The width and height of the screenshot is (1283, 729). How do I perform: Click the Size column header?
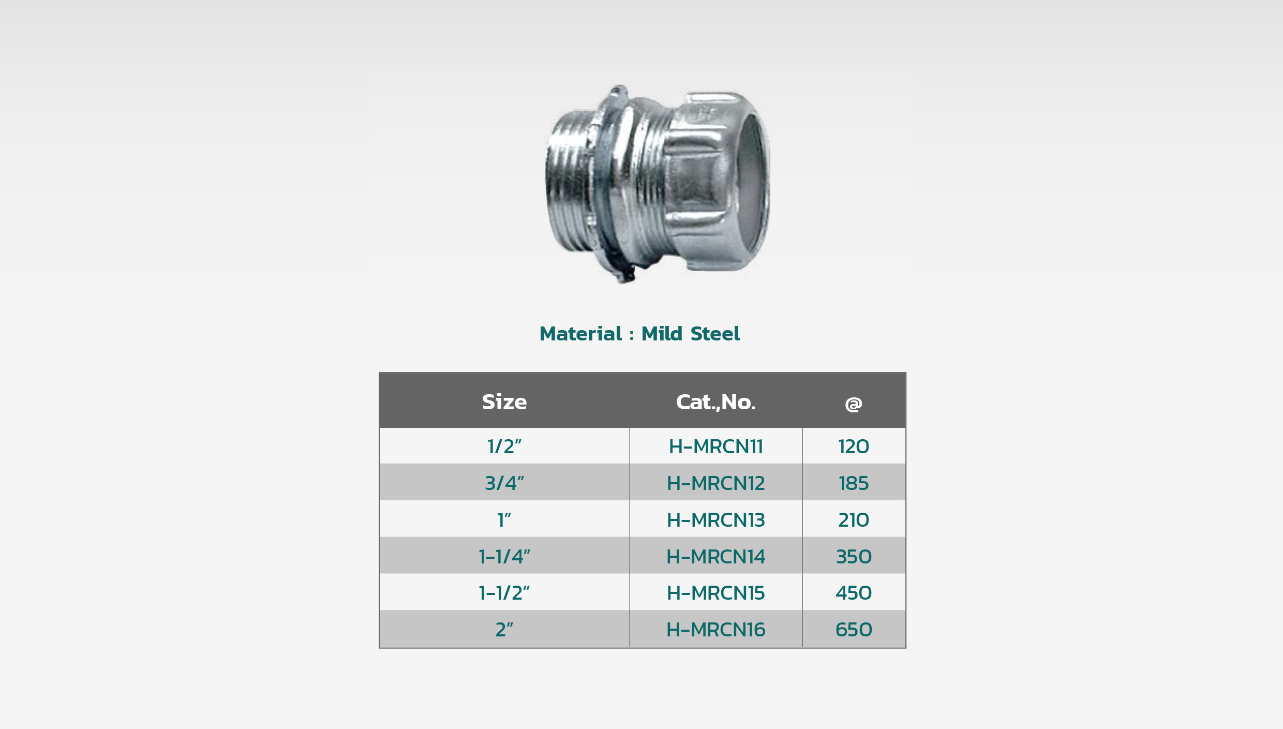click(504, 402)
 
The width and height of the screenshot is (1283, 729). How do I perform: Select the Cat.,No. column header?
click(716, 402)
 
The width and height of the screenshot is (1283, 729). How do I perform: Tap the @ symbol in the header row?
click(854, 404)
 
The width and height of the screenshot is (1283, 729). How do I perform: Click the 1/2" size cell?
click(504, 446)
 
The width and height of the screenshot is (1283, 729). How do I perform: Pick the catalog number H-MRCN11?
click(716, 447)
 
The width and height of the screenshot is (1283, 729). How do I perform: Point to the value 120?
click(854, 447)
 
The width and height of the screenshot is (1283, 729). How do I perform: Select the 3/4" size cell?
click(504, 483)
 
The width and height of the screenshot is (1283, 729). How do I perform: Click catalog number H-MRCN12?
click(716, 483)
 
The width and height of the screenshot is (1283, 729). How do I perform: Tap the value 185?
click(854, 483)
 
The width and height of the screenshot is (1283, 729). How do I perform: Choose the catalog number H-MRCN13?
click(716, 520)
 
